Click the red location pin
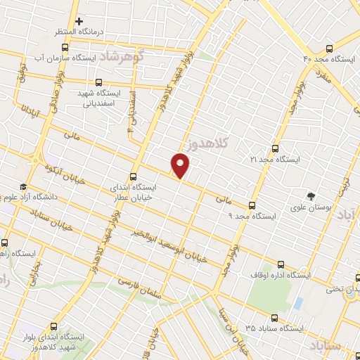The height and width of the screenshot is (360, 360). pos(181,166)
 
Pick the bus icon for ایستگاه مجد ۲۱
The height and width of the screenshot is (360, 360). pos(275,148)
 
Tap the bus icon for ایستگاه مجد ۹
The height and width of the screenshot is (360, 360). pos(252,205)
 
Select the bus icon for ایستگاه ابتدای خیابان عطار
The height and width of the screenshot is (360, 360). pos(134,177)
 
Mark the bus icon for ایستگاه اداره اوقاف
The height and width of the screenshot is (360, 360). pos(281,264)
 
